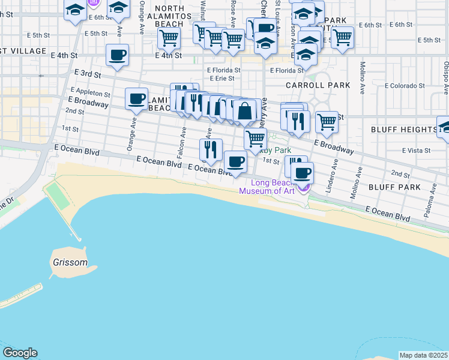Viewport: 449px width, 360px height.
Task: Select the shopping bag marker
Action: [245, 111]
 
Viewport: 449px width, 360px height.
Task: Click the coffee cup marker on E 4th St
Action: [117, 55]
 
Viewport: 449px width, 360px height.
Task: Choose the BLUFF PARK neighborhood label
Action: [405, 187]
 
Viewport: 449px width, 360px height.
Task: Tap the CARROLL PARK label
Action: [318, 85]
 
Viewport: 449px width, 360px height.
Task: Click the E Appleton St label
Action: [90, 94]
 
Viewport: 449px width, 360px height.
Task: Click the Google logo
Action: [20, 353]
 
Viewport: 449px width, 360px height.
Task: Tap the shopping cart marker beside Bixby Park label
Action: [256, 139]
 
